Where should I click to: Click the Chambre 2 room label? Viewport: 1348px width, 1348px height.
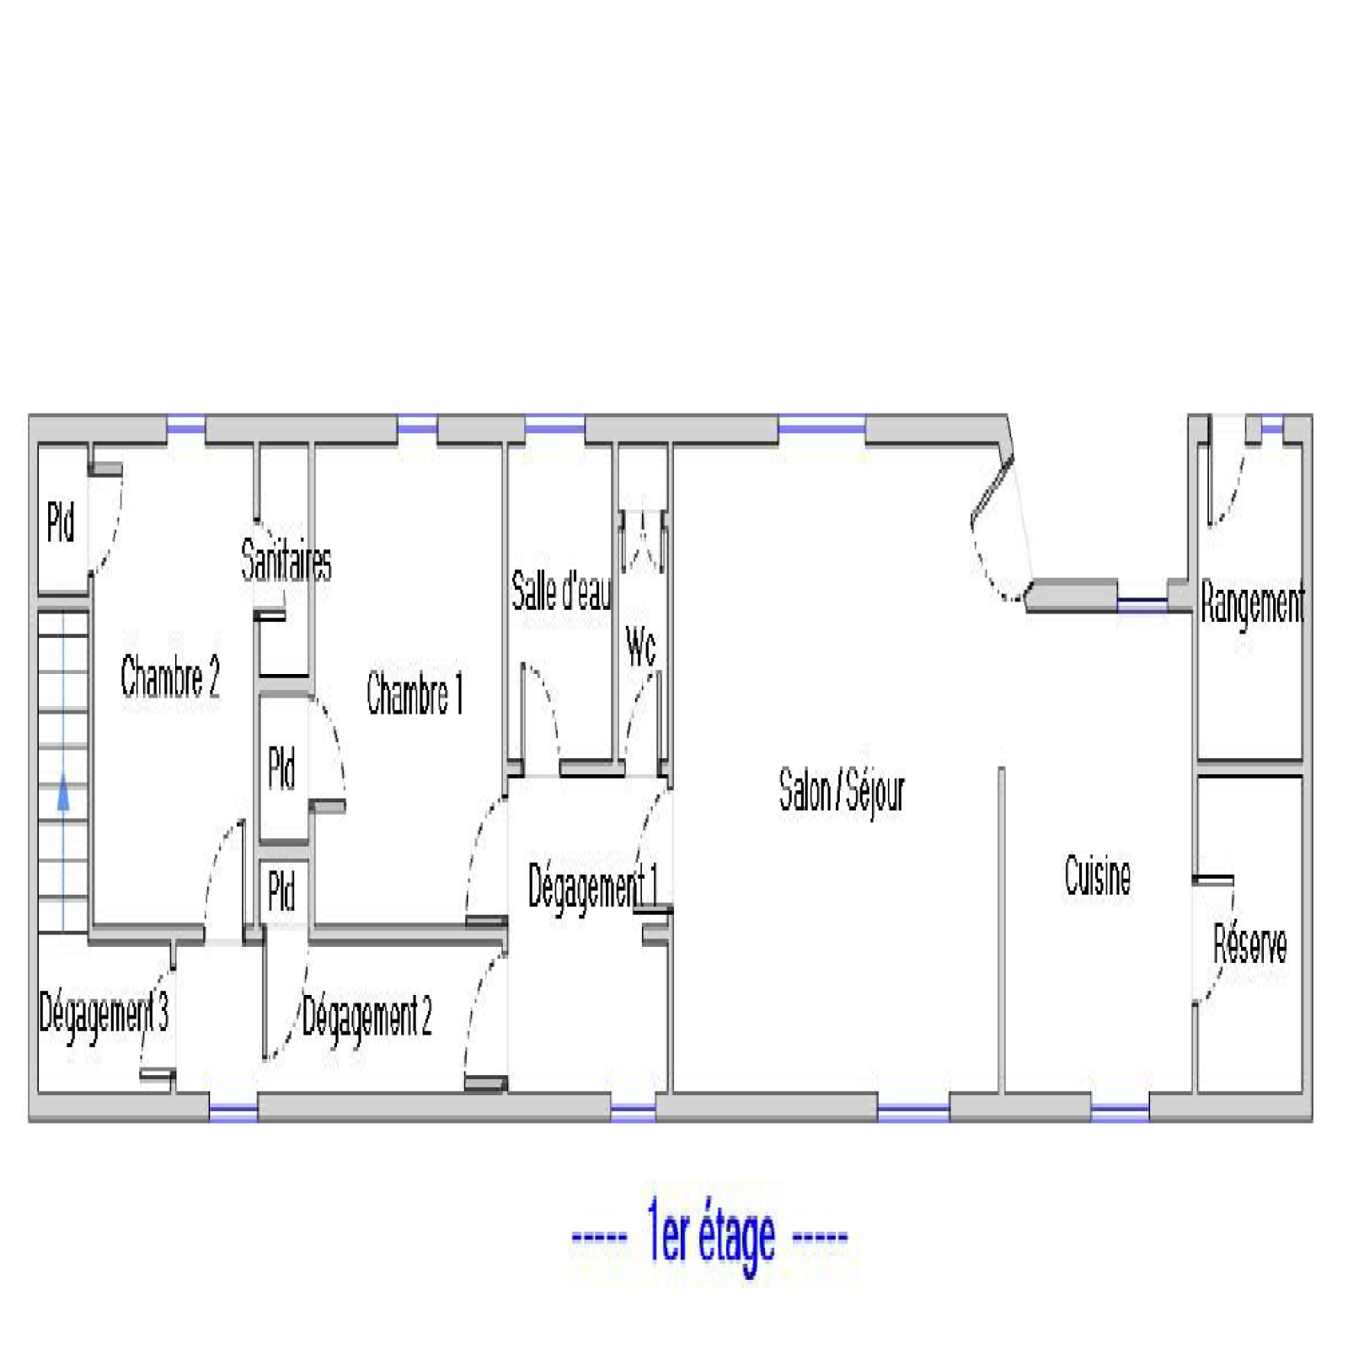pos(170,677)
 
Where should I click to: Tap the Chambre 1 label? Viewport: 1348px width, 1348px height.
pos(415,693)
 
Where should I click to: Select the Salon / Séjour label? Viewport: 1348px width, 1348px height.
pos(841,791)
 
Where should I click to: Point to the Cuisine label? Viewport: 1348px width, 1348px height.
pos(1097,875)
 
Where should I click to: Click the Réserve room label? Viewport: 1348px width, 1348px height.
pos(1250,944)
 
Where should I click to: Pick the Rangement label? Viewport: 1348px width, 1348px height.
pos(1253,603)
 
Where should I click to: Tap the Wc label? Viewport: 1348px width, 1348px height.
pos(640,647)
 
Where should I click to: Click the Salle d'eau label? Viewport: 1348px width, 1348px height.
pos(561,591)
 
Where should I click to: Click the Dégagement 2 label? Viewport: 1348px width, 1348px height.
pos(367,1017)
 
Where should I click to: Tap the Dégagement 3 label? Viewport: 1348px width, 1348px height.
pos(104,1014)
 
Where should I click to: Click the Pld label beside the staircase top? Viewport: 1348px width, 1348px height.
pos(61,522)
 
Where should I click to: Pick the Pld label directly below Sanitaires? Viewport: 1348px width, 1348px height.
pos(281,768)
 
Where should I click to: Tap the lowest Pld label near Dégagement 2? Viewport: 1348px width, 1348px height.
pos(281,891)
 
